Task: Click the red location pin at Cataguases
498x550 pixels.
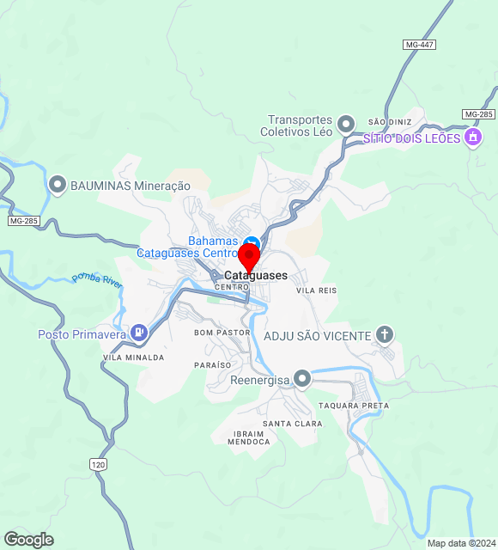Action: tap(249, 258)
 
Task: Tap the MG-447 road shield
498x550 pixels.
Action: tap(418, 44)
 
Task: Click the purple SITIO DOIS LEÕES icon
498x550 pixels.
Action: tap(471, 137)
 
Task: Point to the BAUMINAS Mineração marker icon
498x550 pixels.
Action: tap(58, 185)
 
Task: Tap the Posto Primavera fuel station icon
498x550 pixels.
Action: tap(139, 333)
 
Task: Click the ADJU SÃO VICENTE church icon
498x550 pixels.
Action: tap(385, 334)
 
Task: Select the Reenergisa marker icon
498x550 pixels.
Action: tap(301, 378)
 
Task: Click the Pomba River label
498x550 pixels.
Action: tap(98, 278)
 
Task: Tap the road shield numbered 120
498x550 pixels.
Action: tap(99, 464)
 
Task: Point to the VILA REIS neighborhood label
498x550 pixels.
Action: tap(316, 290)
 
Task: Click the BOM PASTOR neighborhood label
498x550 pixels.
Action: tap(222, 332)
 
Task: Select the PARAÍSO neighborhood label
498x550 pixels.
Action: tap(212, 365)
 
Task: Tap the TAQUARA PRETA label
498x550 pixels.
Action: tap(353, 406)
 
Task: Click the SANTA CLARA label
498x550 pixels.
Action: tap(292, 424)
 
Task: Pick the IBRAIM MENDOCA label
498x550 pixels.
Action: tap(249, 437)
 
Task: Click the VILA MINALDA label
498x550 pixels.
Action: tap(133, 357)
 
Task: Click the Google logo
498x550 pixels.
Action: tap(28, 540)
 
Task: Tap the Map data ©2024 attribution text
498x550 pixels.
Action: tap(461, 543)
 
